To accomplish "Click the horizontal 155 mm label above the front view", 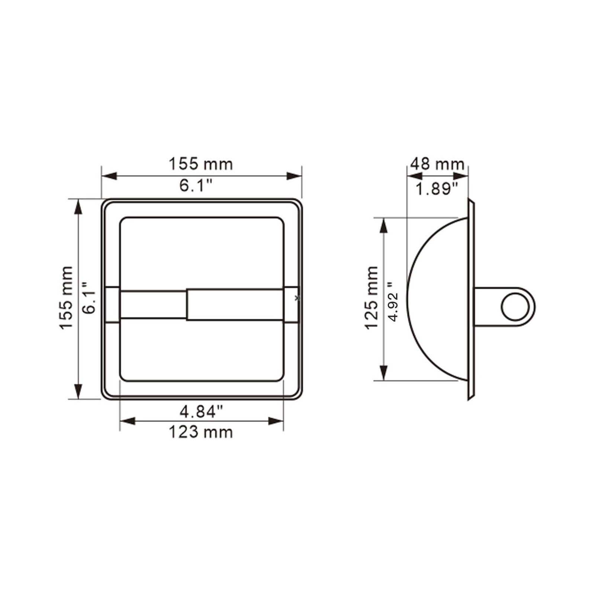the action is point(201,164).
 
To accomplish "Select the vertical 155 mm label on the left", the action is point(66,298).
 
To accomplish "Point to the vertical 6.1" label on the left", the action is point(89,298).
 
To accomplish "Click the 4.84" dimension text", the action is point(201,411).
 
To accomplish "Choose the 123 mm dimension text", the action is point(201,432).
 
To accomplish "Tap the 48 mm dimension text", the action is point(437,164).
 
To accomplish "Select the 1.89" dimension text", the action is point(436,189).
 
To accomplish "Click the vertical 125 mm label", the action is point(371,298).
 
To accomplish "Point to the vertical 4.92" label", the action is point(393,301).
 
